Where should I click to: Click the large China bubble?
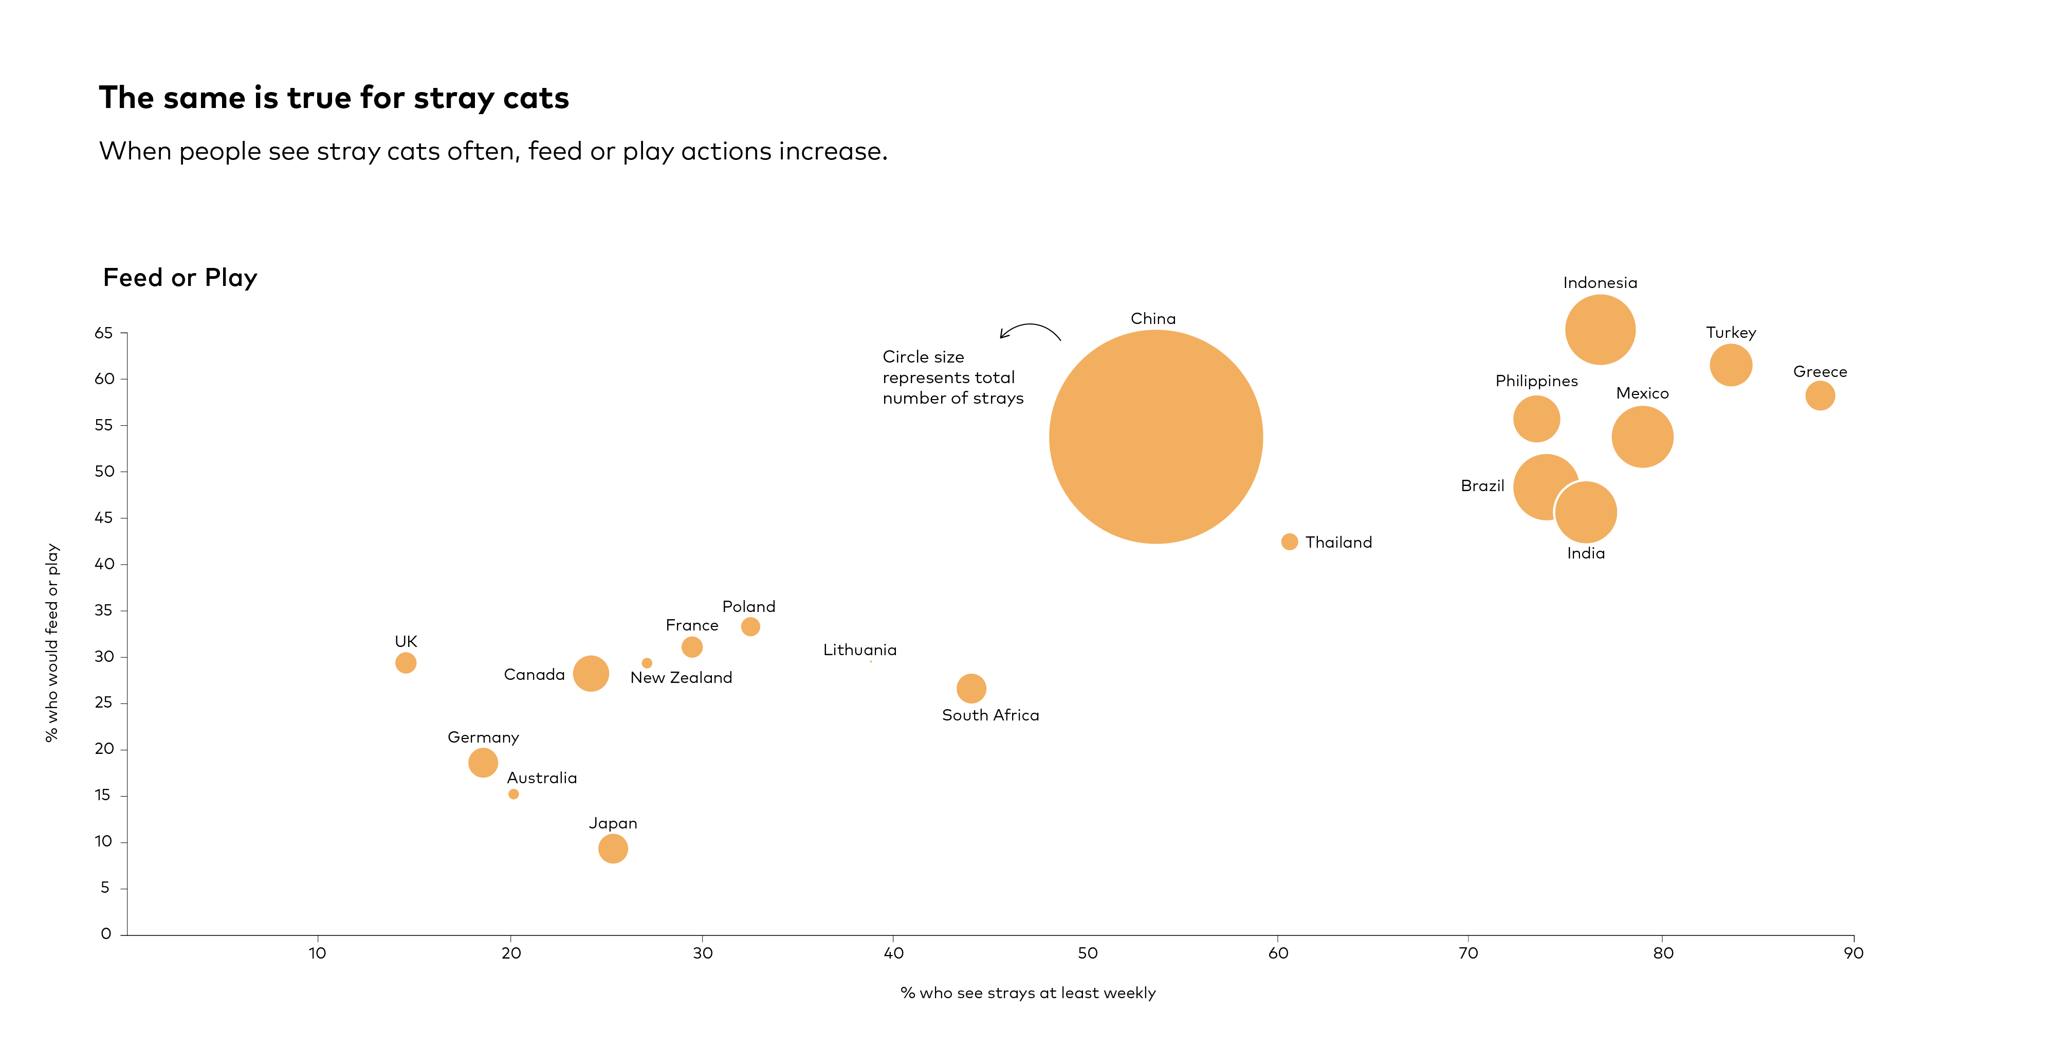(x=1155, y=437)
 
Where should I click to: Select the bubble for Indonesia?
(x=1600, y=329)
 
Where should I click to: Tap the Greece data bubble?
(x=1820, y=395)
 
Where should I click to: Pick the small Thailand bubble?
(x=1289, y=542)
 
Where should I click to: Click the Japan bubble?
(x=613, y=848)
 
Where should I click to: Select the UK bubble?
(x=406, y=663)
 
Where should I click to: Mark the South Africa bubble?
(x=970, y=688)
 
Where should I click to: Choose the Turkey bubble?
(x=1730, y=365)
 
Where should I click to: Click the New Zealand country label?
(x=681, y=678)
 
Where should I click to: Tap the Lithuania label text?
(x=859, y=650)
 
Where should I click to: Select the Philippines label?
(x=1536, y=381)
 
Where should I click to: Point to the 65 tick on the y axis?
(x=104, y=333)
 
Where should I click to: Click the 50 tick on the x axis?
(x=1087, y=952)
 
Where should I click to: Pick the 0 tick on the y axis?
(x=105, y=933)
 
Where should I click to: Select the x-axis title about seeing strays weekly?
(x=1028, y=993)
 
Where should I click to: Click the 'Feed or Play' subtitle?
(x=180, y=277)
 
